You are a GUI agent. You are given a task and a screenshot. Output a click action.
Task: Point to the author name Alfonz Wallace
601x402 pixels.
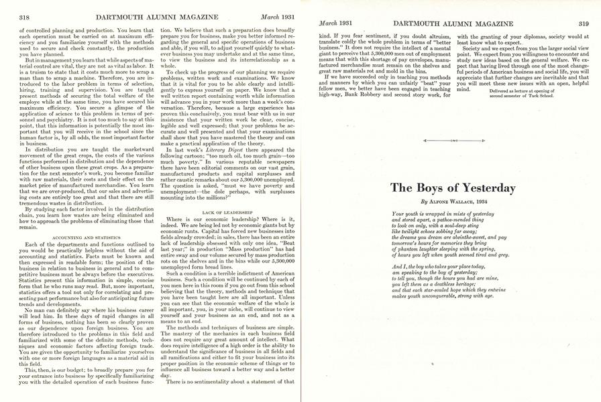click(447, 201)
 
